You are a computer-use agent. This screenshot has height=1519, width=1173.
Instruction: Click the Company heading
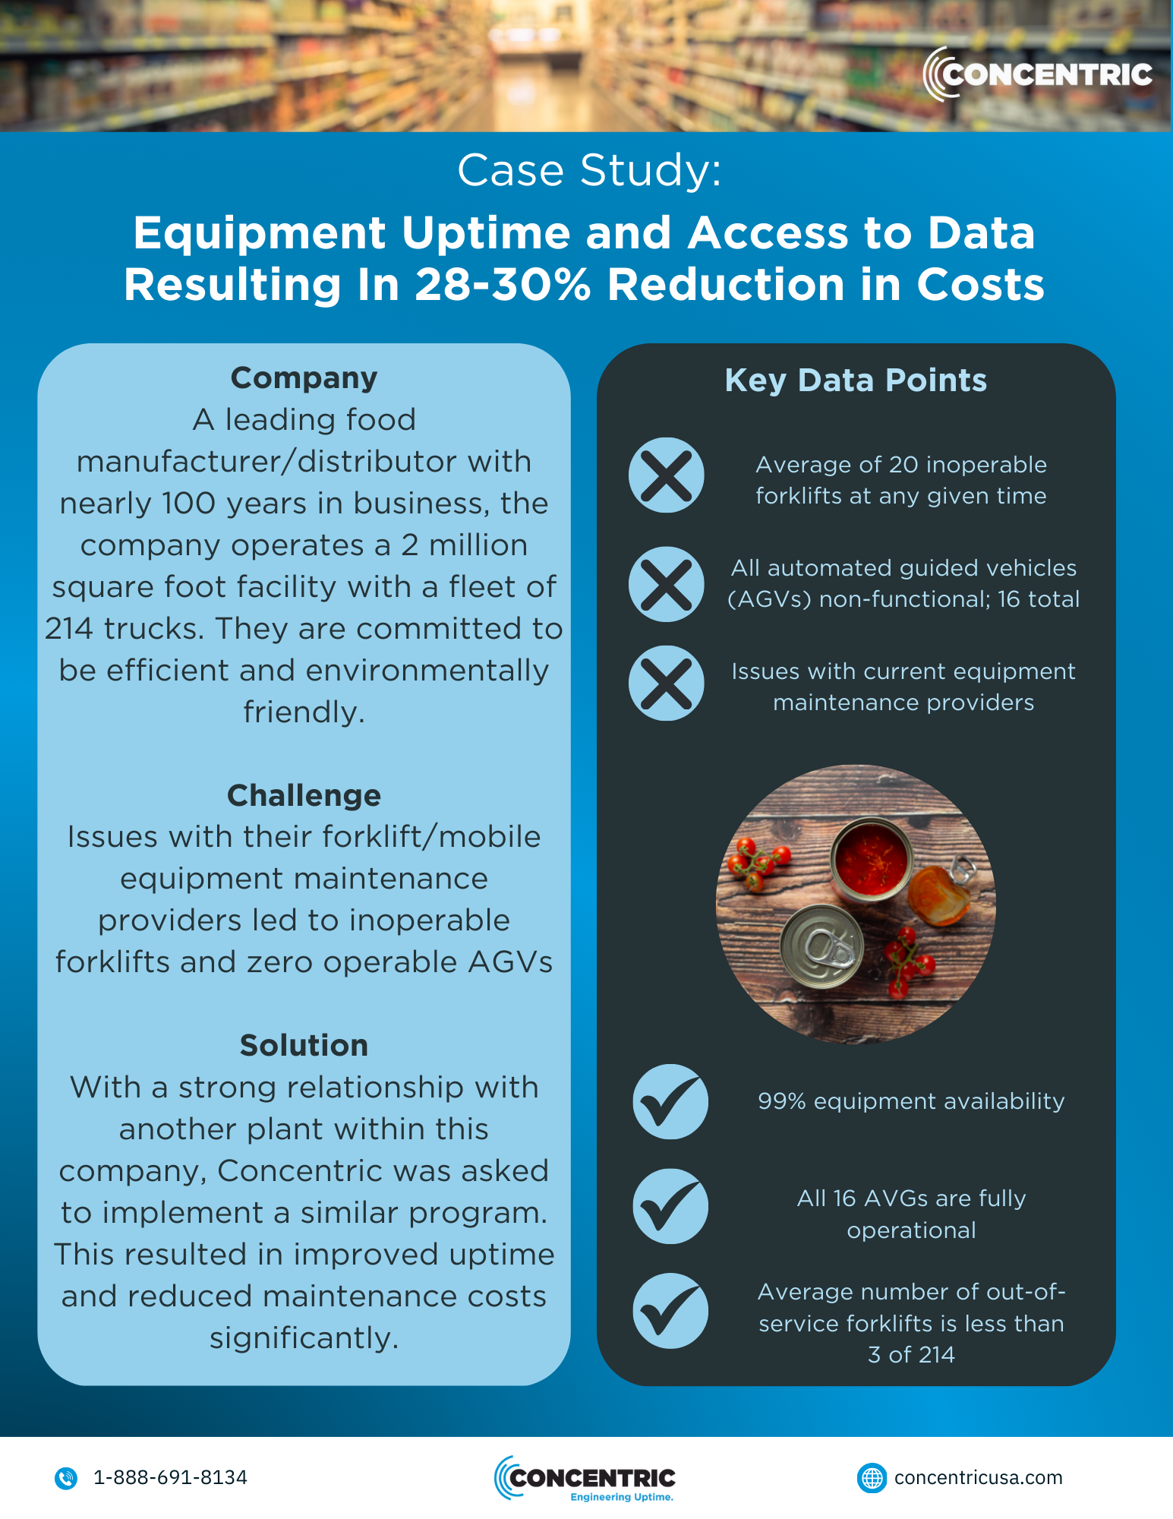304,378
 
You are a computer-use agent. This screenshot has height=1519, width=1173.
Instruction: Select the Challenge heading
304,795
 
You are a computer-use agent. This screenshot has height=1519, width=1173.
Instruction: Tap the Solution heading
304,1045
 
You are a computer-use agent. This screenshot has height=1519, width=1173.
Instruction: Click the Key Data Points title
856,380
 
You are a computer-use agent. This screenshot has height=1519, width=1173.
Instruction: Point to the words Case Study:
589,169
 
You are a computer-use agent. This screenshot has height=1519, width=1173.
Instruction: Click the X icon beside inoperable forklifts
667,475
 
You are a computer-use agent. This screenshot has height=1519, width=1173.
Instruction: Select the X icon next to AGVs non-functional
667,584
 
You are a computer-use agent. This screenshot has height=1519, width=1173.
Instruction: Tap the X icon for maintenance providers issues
667,684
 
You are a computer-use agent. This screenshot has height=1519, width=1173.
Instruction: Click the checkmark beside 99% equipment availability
670,1101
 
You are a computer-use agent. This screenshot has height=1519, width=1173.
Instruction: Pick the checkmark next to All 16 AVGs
670,1206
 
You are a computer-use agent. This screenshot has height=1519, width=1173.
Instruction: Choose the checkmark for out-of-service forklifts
670,1311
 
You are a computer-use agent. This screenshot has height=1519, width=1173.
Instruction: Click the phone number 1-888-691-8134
170,1477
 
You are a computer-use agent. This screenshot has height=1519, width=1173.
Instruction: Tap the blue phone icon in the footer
66,1478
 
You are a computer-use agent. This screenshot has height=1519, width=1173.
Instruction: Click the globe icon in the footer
872,1478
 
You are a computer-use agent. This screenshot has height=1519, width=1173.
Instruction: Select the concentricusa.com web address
978,1477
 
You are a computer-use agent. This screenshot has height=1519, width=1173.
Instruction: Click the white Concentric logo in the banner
1037,74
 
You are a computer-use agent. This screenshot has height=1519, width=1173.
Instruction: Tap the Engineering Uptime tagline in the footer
622,1497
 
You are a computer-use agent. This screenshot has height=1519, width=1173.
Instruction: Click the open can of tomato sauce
871,859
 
